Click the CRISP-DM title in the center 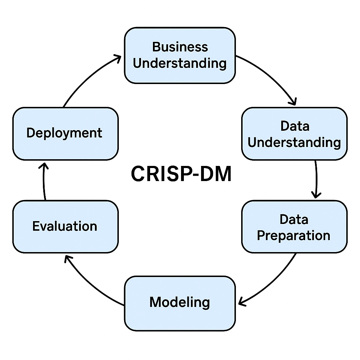[x=181, y=174]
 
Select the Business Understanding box [x=180, y=56]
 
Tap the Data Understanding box [x=294, y=134]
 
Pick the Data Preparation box [x=294, y=227]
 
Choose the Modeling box [x=180, y=303]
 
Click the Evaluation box [x=65, y=226]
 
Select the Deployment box [x=65, y=134]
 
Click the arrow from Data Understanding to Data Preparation [x=316, y=179]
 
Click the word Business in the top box [x=180, y=47]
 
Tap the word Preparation [x=294, y=235]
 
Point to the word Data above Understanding [x=295, y=126]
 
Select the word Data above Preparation [x=294, y=219]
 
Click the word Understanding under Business [x=180, y=64]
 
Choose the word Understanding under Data [x=295, y=142]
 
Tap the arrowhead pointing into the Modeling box [x=242, y=302]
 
